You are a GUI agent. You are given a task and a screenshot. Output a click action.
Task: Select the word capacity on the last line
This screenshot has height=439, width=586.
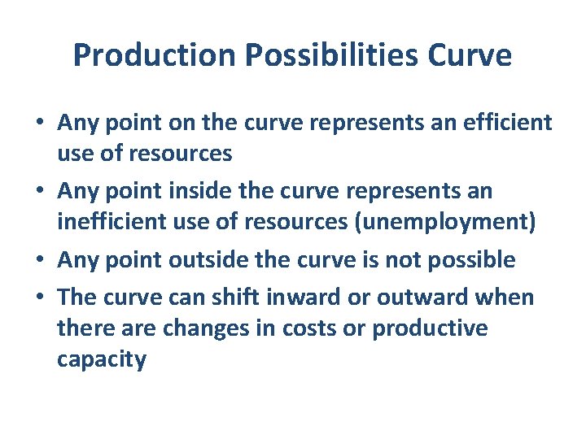[101, 359]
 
